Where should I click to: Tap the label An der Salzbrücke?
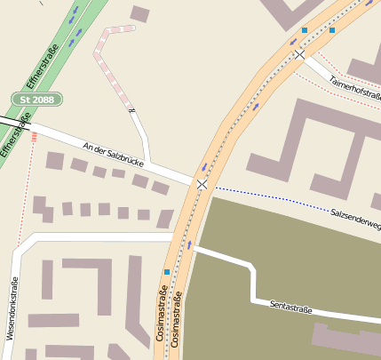click(x=113, y=153)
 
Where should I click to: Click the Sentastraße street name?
click(x=291, y=308)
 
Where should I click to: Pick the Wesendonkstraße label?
click(x=12, y=307)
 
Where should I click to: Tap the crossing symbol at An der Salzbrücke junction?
click(x=202, y=184)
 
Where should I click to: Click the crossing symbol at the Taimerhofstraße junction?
click(x=300, y=55)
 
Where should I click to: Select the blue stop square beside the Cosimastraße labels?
click(x=167, y=271)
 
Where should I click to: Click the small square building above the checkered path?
click(x=140, y=13)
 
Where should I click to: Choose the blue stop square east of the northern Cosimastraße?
click(x=333, y=30)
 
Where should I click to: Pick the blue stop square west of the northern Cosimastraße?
click(x=305, y=30)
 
